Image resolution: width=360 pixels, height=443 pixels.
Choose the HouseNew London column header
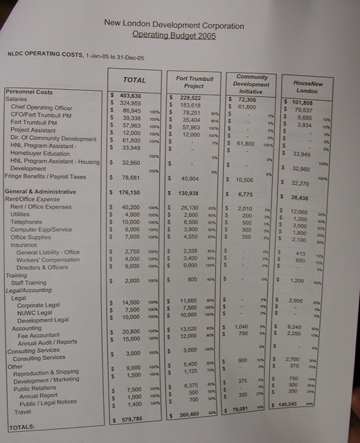tap(306, 86)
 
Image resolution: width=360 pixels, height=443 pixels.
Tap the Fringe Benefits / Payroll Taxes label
tap(45, 177)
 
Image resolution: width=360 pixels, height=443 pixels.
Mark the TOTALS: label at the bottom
tap(22, 428)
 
